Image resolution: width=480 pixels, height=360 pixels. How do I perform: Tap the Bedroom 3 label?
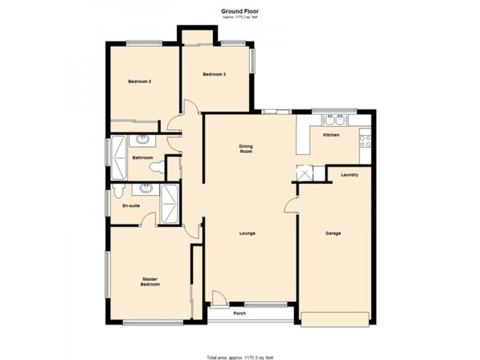point(214,74)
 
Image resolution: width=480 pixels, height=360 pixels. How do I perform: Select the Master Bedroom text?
point(151,281)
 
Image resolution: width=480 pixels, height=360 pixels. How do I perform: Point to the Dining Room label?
point(245,149)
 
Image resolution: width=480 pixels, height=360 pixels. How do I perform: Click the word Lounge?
point(247,233)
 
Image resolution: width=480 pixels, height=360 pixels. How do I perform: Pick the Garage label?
point(333,233)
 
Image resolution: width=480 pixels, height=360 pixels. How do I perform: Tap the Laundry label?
point(349,175)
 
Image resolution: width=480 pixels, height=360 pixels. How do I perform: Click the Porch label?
point(239,313)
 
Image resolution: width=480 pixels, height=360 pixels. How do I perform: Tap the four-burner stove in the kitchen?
point(364,142)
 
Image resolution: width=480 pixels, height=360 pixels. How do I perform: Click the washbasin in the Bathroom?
point(143,140)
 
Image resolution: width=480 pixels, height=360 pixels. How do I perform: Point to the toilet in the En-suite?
point(118,191)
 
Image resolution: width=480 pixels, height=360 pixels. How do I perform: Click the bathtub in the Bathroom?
point(118,158)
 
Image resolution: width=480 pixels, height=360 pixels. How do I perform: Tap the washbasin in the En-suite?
point(145,188)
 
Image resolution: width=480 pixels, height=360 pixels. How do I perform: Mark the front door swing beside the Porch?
point(219,297)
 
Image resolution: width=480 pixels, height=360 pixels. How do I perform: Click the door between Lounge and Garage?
point(292,205)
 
